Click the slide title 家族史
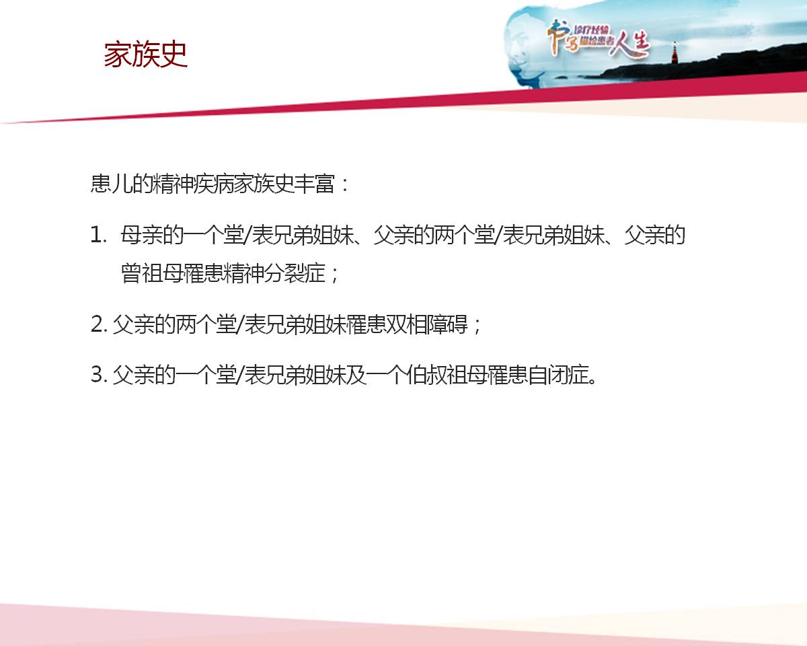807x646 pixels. (x=145, y=55)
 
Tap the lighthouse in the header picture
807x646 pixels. (x=675, y=53)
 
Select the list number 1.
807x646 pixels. (x=98, y=236)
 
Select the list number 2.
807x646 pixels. (x=99, y=324)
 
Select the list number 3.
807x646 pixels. (x=99, y=375)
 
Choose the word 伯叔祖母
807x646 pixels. (x=447, y=375)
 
